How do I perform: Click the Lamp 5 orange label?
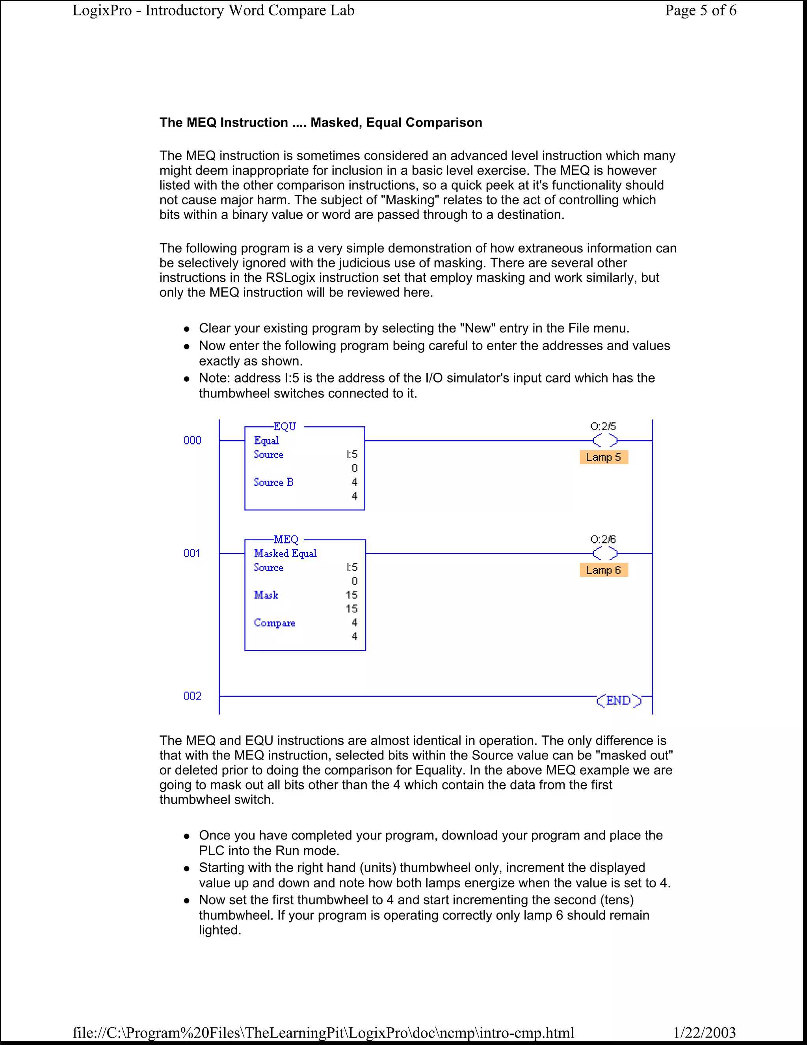point(603,457)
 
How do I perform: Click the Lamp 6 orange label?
point(603,570)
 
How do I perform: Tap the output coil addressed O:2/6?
point(605,554)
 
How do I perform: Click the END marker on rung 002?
point(619,700)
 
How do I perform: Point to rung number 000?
point(192,440)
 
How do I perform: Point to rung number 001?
point(192,553)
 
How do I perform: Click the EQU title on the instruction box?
point(285,426)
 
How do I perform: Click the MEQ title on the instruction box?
point(286,539)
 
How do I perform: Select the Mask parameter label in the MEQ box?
point(266,595)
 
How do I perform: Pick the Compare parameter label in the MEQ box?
point(274,623)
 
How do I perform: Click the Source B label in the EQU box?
point(273,482)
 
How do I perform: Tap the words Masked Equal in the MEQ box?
point(285,553)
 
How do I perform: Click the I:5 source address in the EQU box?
point(352,454)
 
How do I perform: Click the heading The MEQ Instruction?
point(320,123)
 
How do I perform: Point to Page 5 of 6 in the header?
point(700,11)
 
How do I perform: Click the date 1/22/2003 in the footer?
point(704,1032)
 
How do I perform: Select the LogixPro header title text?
point(213,11)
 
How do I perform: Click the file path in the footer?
point(323,1032)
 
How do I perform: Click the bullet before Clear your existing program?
point(188,329)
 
